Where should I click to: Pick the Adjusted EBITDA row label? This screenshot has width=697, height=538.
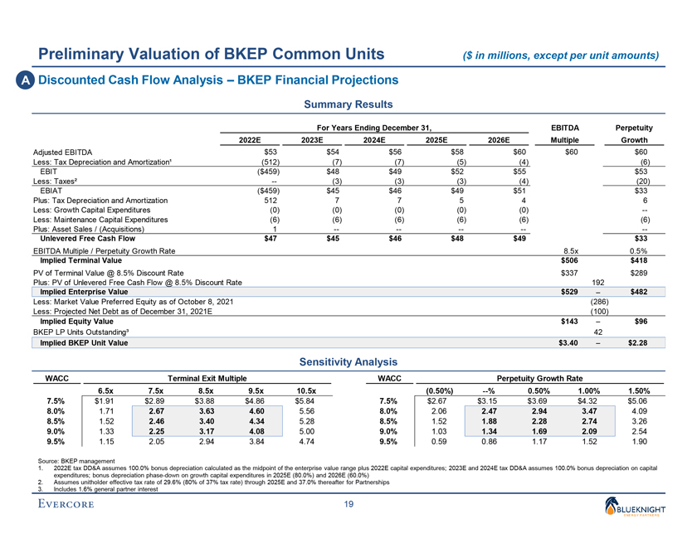pos(62,153)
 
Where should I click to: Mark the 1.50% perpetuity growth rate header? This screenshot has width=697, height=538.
pos(640,391)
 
